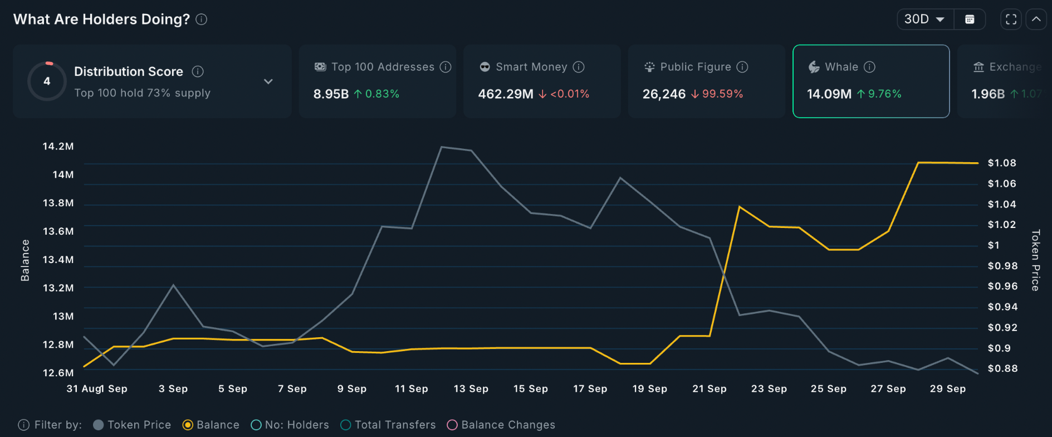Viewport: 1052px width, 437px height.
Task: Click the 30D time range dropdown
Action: tap(924, 20)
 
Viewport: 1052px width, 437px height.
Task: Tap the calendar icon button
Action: tap(970, 20)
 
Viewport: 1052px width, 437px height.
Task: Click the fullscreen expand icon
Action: tap(1011, 20)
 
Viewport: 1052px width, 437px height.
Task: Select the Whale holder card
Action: tap(870, 81)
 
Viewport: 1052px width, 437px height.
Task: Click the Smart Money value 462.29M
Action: tap(505, 94)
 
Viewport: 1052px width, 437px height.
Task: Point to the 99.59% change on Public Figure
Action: tap(722, 94)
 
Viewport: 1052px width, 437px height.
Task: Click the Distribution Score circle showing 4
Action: tap(47, 81)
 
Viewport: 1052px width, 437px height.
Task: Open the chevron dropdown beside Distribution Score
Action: tap(268, 81)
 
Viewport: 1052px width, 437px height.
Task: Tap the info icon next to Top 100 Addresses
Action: tap(446, 67)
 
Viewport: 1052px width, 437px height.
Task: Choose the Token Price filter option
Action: tap(133, 425)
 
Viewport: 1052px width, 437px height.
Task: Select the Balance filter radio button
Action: tap(188, 425)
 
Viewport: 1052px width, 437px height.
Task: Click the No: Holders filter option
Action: tap(290, 425)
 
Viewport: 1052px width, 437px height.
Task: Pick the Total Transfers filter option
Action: tap(388, 425)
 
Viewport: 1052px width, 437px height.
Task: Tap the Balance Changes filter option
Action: tap(501, 425)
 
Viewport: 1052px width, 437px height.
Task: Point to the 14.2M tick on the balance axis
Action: tap(58, 147)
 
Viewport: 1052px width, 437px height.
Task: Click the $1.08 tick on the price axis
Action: tap(1001, 163)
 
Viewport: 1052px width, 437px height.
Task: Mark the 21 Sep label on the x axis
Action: tap(709, 389)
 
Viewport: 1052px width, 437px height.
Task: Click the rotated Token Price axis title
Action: tap(1035, 260)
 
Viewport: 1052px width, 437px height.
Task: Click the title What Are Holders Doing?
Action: tap(101, 20)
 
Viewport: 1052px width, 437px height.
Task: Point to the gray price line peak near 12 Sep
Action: tap(442, 147)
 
